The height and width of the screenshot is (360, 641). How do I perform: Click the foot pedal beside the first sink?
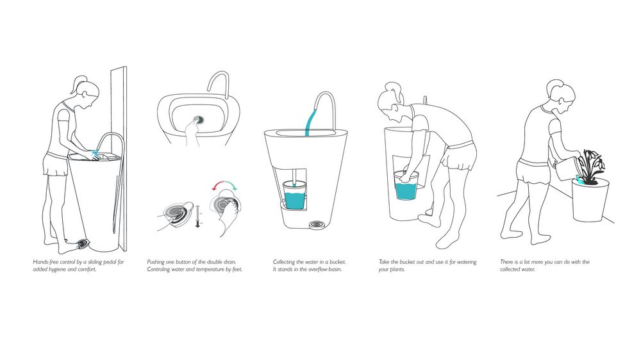[x=82, y=244]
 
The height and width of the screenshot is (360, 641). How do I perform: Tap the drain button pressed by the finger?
[x=199, y=120]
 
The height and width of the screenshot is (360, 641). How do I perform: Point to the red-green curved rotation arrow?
[x=224, y=186]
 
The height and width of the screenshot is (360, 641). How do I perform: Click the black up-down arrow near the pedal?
[x=198, y=216]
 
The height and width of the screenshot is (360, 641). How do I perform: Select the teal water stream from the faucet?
[x=312, y=119]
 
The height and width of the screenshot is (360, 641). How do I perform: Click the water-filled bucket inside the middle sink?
[x=294, y=195]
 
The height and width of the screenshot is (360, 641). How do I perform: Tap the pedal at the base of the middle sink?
[x=316, y=225]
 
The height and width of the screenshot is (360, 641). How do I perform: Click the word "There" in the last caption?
[x=507, y=262]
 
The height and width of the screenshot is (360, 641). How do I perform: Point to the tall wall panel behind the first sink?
[x=119, y=159]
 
